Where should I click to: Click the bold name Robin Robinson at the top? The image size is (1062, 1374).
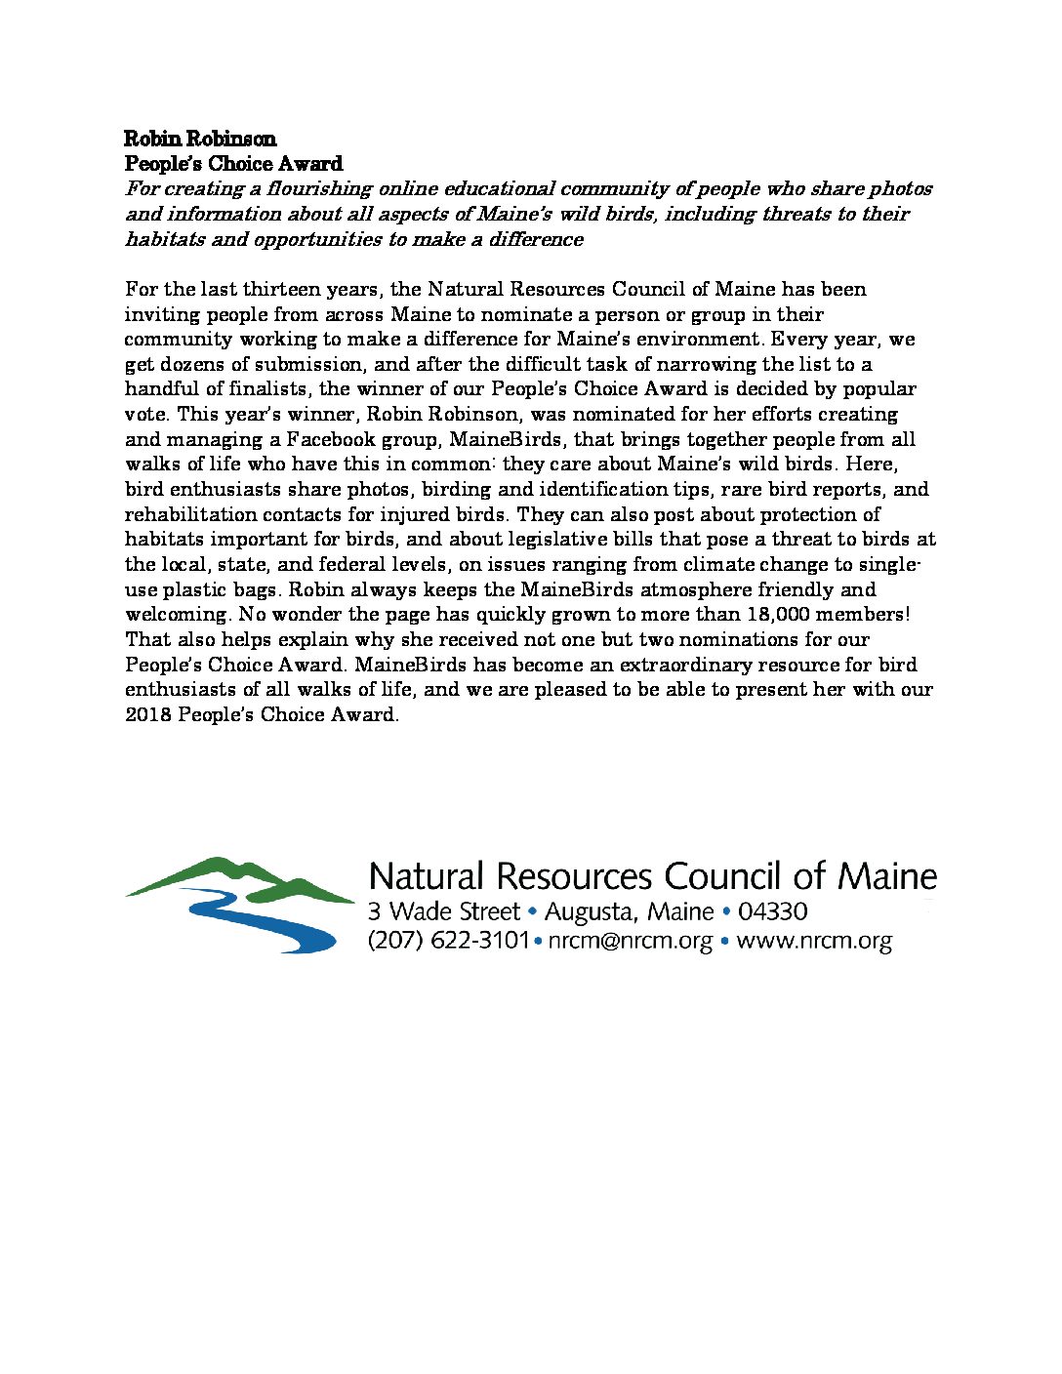200,139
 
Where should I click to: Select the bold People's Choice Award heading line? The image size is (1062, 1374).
233,164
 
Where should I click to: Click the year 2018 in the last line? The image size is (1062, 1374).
147,715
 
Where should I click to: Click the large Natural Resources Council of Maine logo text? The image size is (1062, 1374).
652,876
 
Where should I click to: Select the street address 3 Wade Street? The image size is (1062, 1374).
443,912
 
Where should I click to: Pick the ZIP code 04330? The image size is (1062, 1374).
772,912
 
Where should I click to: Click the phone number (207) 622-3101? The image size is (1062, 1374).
448,942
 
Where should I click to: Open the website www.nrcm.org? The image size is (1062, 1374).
814,942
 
